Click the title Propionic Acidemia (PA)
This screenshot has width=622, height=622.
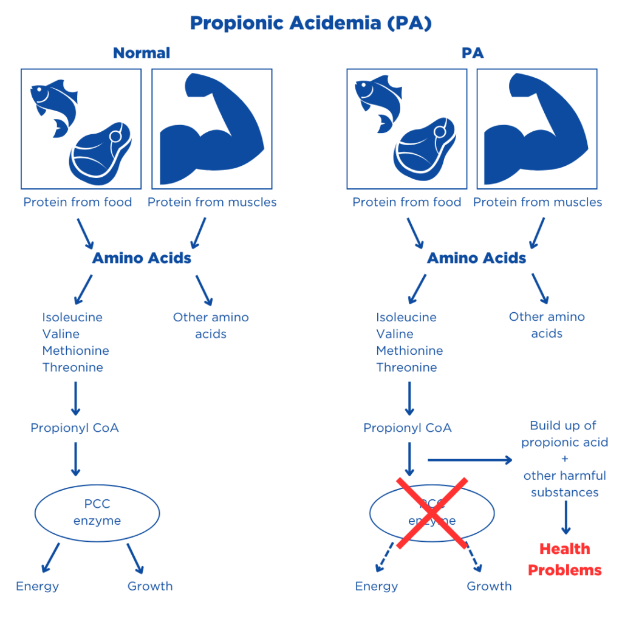tap(310, 23)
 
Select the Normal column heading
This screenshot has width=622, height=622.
tap(142, 53)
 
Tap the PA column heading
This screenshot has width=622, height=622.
tap(472, 53)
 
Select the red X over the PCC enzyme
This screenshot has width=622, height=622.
tap(432, 513)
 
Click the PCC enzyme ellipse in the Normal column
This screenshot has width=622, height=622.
tap(97, 513)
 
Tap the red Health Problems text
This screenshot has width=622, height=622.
tap(564, 559)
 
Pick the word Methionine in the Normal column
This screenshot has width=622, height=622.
tap(76, 350)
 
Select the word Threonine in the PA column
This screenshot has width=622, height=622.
tap(406, 367)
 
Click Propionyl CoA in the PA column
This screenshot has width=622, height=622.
tap(407, 428)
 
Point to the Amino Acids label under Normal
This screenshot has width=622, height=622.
tap(142, 258)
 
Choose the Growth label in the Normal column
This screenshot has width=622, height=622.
tap(150, 586)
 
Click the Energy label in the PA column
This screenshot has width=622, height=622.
tap(376, 586)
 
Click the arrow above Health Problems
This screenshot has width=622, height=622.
tap(565, 519)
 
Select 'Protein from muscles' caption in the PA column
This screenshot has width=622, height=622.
tap(538, 202)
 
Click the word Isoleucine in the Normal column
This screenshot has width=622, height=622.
tap(72, 317)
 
